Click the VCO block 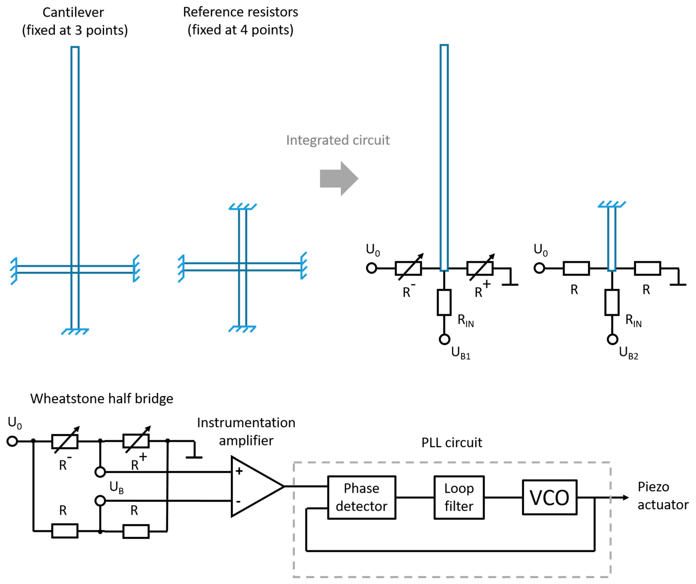pyautogui.click(x=550, y=497)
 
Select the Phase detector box pyautogui.click(x=362, y=497)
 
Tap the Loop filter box pyautogui.click(x=459, y=497)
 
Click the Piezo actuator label pyautogui.click(x=662, y=496)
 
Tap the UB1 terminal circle pyautogui.click(x=445, y=339)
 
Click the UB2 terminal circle pyautogui.click(x=613, y=339)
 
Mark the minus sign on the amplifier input pyautogui.click(x=238, y=502)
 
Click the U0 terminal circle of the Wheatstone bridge pyautogui.click(x=12, y=441)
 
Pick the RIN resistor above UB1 pyautogui.click(x=444, y=302)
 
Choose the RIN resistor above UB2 pyautogui.click(x=612, y=302)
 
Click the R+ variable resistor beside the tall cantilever pyautogui.click(x=480, y=268)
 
